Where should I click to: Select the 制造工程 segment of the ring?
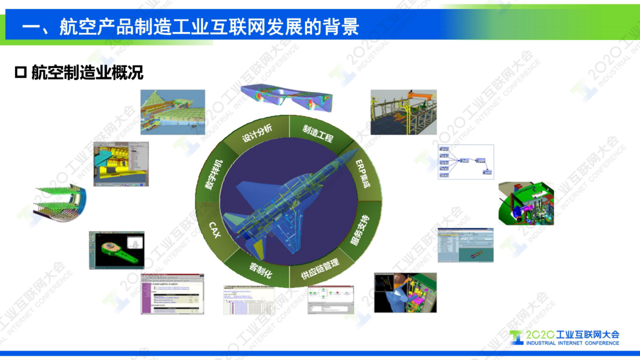click(x=318, y=134)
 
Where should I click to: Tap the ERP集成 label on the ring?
click(x=363, y=174)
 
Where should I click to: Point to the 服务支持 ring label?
click(x=360, y=230)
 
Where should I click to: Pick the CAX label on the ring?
click(x=215, y=230)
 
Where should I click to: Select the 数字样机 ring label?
click(x=214, y=175)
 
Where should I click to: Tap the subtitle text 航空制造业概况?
click(x=87, y=73)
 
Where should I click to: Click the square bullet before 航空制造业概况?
click(x=21, y=73)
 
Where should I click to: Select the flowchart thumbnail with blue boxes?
click(x=466, y=162)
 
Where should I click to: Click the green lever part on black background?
click(x=117, y=250)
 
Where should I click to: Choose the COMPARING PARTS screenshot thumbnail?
click(x=173, y=294)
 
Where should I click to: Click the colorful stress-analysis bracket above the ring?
click(x=287, y=97)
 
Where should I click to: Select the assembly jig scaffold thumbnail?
click(x=403, y=112)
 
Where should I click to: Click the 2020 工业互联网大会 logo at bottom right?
click(x=565, y=337)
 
